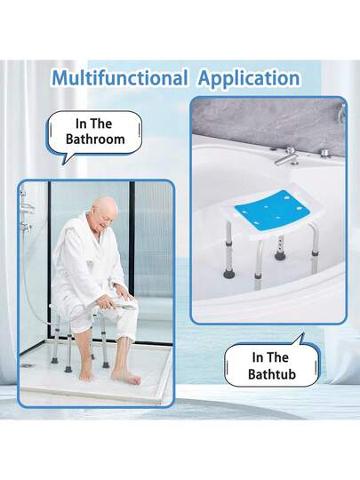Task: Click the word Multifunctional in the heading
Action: [120, 77]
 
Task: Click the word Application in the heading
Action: [249, 79]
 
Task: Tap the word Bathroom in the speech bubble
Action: [95, 140]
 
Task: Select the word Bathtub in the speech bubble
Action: [272, 374]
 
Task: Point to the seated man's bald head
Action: [105, 211]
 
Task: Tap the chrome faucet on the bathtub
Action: [285, 156]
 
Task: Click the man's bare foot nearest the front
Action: [126, 376]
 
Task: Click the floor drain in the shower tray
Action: [28, 365]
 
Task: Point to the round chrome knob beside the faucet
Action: [324, 153]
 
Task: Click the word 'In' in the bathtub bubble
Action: [258, 357]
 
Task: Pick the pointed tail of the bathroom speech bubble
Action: [63, 164]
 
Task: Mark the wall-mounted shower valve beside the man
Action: [26, 226]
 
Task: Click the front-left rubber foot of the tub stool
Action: [229, 274]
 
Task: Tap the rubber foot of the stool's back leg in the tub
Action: [280, 255]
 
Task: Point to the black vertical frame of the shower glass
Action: [132, 239]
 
